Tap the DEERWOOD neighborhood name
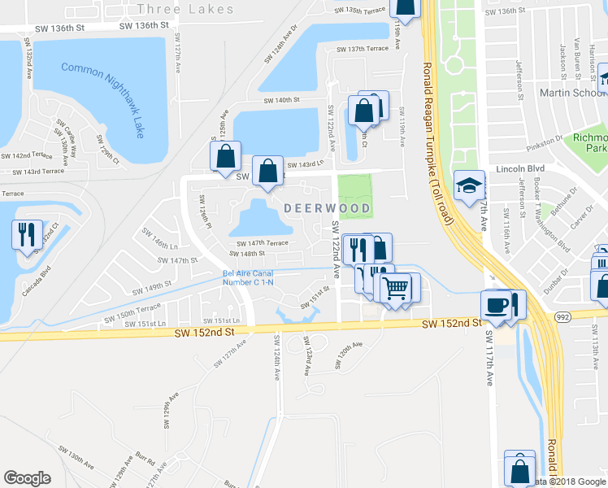(328, 209)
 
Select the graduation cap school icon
(469, 187)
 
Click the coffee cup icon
(495, 305)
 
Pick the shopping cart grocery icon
(396, 288)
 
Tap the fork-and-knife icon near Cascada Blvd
(27, 234)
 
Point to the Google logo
(28, 477)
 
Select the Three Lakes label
(186, 10)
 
